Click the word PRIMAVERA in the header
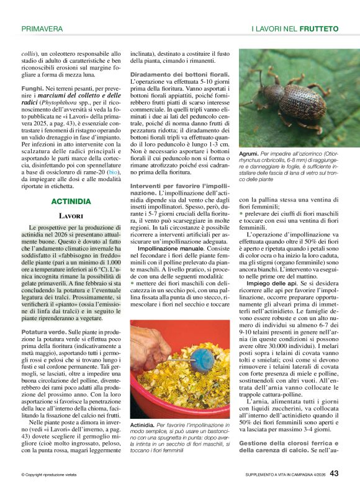(42, 29)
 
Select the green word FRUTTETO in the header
(318, 29)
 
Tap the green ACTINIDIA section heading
(71, 202)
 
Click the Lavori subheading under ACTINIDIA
(71, 216)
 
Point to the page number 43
(334, 473)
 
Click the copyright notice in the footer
(48, 475)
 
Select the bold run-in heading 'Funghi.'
(32, 90)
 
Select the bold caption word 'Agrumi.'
(250, 153)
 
